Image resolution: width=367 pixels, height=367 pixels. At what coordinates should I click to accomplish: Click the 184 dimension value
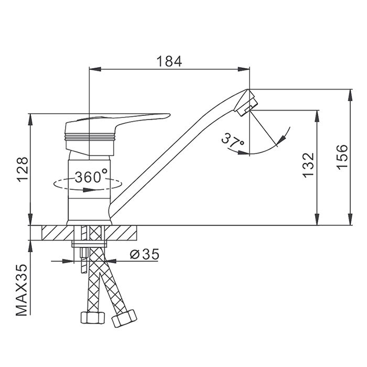[169, 61]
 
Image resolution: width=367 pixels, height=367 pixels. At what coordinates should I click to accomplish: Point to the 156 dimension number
[341, 156]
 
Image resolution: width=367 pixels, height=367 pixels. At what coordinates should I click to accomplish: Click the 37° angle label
[232, 140]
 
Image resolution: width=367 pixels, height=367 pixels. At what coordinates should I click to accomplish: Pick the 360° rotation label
[91, 177]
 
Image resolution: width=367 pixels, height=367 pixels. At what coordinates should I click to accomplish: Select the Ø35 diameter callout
[143, 255]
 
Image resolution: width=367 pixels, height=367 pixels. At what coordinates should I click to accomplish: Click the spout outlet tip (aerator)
[246, 103]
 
